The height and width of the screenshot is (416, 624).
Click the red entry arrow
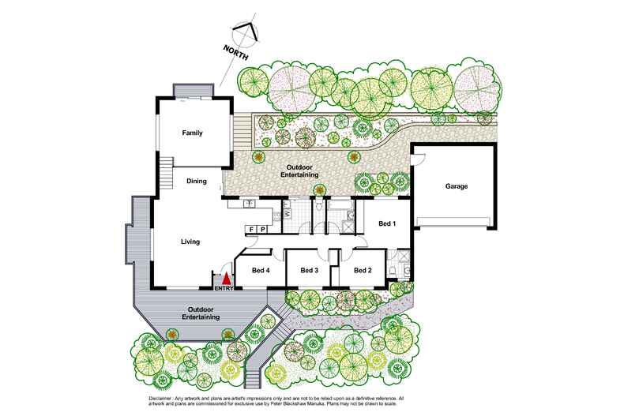pos(227,279)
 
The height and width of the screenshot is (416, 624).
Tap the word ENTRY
pos(224,289)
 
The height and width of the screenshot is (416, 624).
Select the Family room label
pos(193,133)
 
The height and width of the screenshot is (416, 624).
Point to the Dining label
pos(197,181)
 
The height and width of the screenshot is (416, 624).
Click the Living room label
pos(190,242)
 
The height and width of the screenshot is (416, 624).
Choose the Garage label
pos(457,186)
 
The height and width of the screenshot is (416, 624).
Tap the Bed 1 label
pos(386,223)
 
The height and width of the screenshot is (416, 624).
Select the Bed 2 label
pos(363,271)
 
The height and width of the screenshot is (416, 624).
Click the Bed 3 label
pos(309,271)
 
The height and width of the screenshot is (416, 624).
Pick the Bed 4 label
pos(261,271)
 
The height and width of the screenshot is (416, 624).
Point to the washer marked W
pos(288,213)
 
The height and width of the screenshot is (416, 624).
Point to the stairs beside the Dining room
pos(166,169)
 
